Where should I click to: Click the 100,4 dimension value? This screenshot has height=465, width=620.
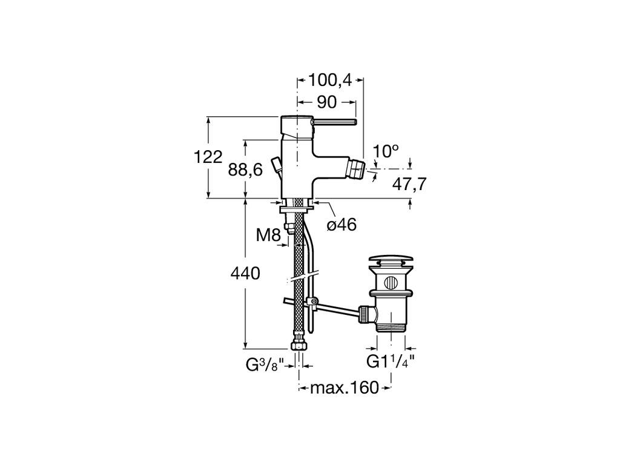point(331,80)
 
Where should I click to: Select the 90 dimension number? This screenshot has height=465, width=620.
point(326,101)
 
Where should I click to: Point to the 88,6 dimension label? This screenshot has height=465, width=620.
point(245,170)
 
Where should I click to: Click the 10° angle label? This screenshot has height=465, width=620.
point(386,151)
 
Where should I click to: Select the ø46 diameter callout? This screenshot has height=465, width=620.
point(341,225)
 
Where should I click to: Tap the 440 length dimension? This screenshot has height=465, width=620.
point(245,274)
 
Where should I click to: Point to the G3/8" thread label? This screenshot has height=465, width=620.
point(265,364)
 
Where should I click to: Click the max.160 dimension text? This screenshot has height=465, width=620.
point(344,387)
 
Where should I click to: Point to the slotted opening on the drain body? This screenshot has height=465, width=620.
point(391,281)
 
